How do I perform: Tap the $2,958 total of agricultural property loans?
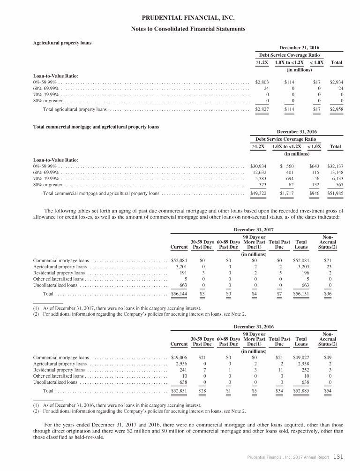click(336, 110)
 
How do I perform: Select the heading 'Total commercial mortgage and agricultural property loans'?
click(96, 127)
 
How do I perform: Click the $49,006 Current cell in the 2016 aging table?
click(180, 357)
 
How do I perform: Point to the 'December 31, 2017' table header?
click(254, 229)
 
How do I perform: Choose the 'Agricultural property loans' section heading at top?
click(62, 43)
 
